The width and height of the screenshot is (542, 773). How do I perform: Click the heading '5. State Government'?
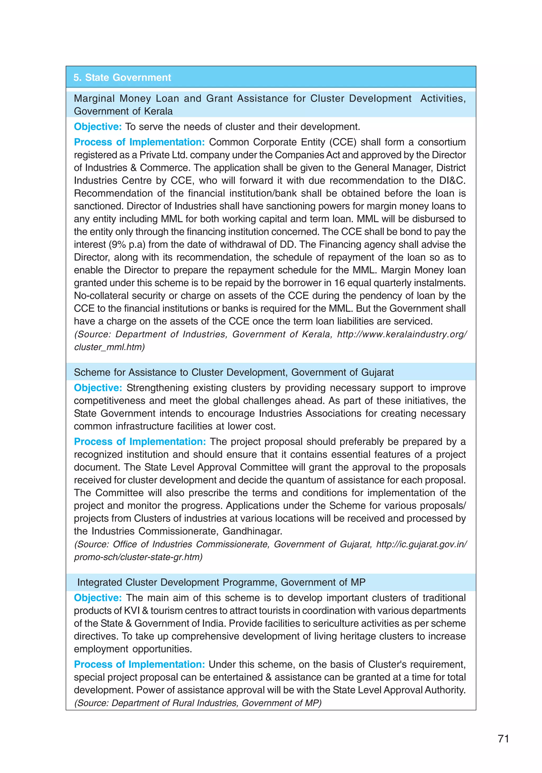(x=122, y=77)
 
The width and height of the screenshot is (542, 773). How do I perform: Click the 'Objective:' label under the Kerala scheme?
(x=97, y=127)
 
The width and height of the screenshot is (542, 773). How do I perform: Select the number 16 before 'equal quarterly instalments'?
(x=339, y=283)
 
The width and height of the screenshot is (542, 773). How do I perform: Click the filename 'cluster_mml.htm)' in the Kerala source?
(x=109, y=347)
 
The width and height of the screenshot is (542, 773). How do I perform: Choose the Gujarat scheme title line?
(x=234, y=372)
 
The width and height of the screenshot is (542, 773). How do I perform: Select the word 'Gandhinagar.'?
(x=252, y=531)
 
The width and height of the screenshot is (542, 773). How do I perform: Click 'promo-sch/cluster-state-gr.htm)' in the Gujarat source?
(x=138, y=557)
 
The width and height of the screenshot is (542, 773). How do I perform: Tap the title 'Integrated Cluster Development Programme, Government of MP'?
(x=221, y=582)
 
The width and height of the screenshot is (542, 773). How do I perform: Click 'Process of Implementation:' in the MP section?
(x=139, y=665)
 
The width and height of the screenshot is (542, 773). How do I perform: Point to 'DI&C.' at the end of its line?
(x=452, y=180)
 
